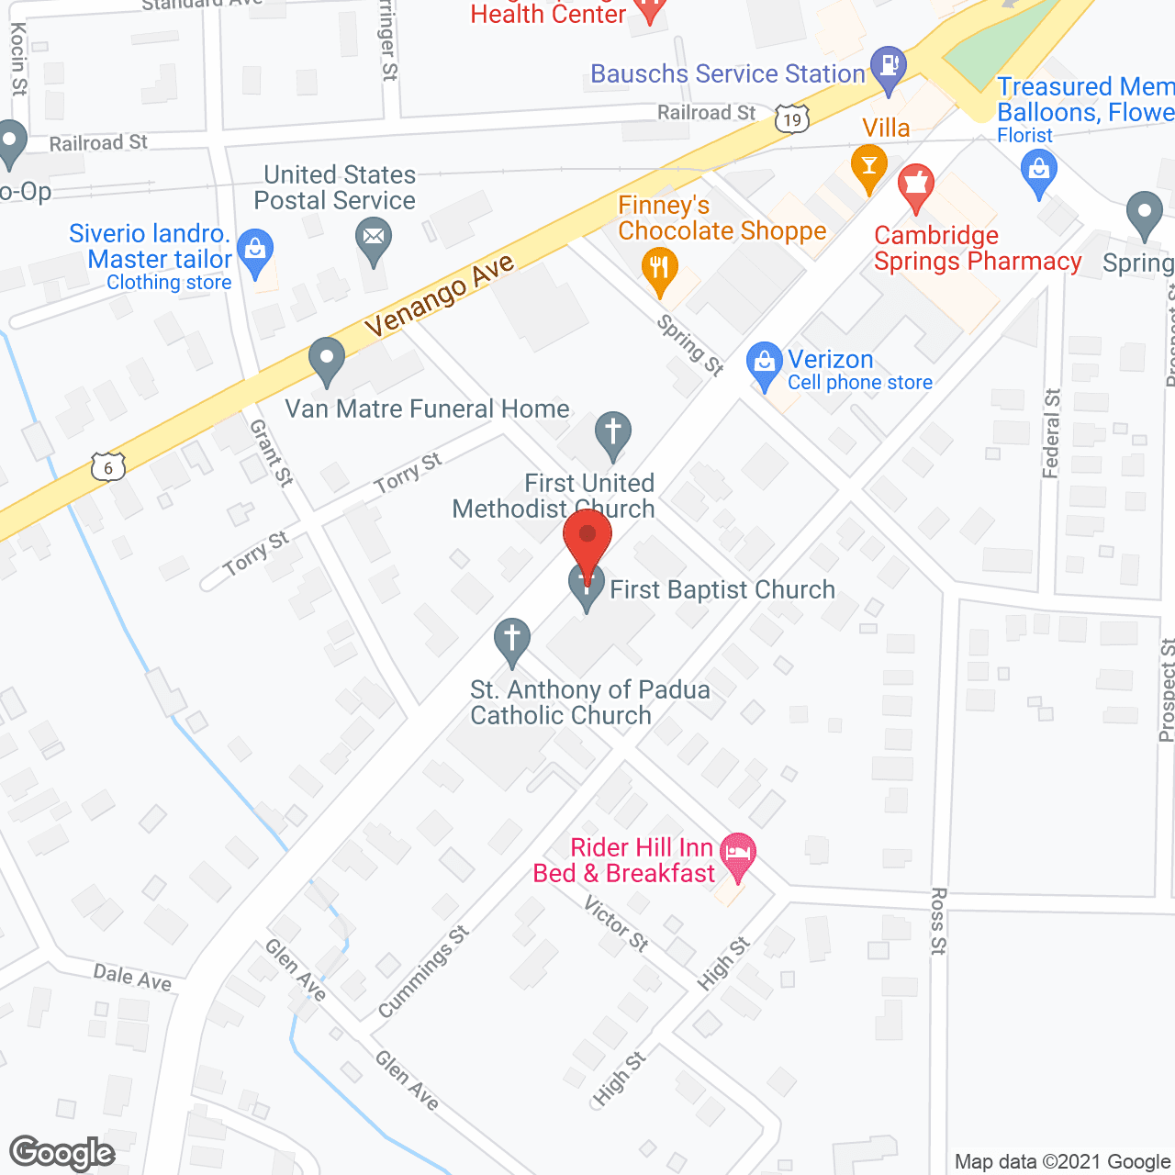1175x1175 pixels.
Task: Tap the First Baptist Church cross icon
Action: tap(587, 585)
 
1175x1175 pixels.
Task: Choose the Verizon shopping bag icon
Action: tap(764, 365)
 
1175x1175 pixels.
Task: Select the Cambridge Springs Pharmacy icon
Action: tap(915, 187)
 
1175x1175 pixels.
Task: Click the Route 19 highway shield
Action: tap(792, 118)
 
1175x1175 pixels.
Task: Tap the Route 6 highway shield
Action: tap(107, 467)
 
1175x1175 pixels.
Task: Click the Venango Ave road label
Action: tap(440, 297)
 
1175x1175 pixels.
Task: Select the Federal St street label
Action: tap(1052, 433)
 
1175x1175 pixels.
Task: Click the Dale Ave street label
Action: tap(132, 977)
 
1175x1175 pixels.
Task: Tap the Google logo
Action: tap(62, 1153)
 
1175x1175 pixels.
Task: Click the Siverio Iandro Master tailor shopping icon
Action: tap(255, 251)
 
